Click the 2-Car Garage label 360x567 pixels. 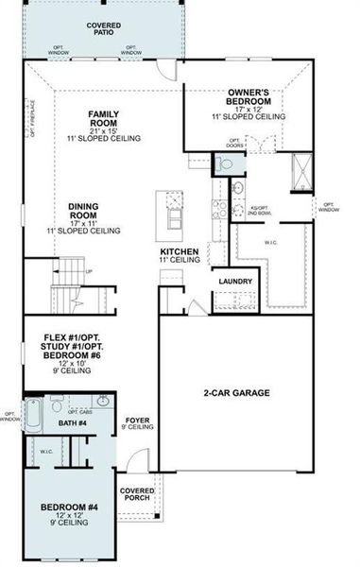tap(236, 392)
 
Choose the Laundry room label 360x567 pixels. tap(234, 282)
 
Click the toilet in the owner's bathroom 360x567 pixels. tap(224, 165)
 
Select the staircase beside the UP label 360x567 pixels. tap(64, 284)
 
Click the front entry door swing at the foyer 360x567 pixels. tap(137, 464)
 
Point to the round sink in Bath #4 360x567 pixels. tap(59, 407)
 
